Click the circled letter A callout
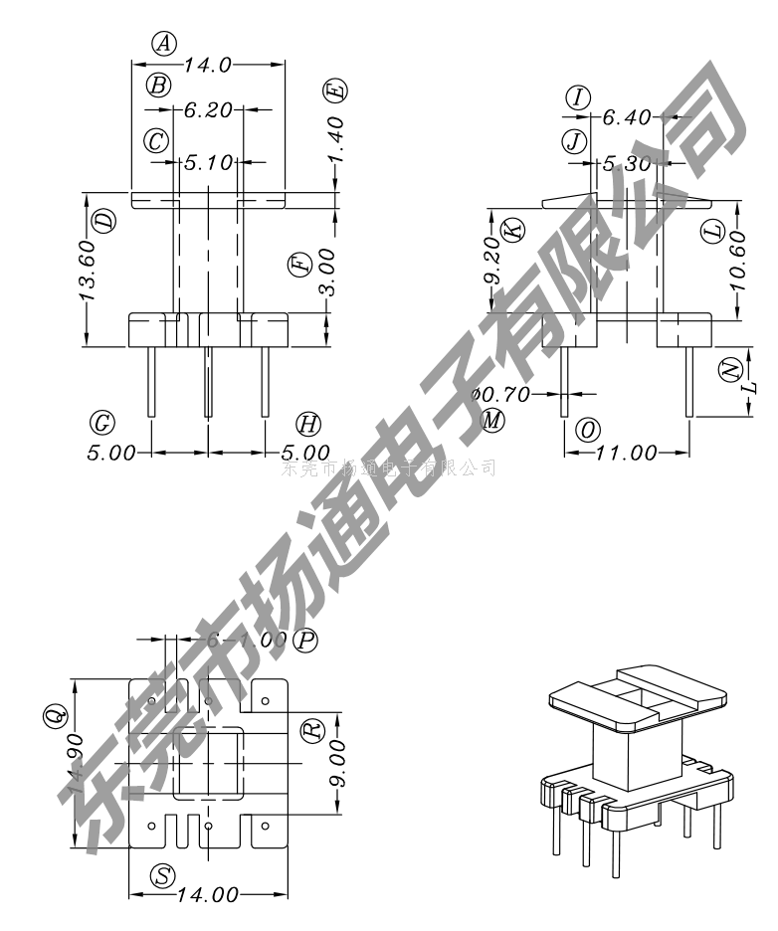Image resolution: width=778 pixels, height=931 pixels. pos(165,43)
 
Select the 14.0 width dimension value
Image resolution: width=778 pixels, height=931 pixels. pos(208,65)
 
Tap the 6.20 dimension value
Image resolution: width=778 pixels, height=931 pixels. pos(208,110)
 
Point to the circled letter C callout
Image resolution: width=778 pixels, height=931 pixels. pos(155,140)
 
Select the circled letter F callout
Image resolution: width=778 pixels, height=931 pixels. pos(297,265)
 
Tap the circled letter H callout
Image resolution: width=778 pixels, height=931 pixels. pos(309,425)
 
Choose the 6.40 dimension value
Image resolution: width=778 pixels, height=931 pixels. pos(627,118)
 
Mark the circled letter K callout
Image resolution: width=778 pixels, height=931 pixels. pos(512,230)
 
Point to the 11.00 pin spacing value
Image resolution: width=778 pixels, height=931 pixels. pos(627,454)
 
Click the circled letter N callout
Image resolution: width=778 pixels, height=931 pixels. pos(730,368)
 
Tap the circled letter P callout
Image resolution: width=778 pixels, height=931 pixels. pos(307,640)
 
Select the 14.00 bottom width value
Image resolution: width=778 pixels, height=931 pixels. pos(208,895)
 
